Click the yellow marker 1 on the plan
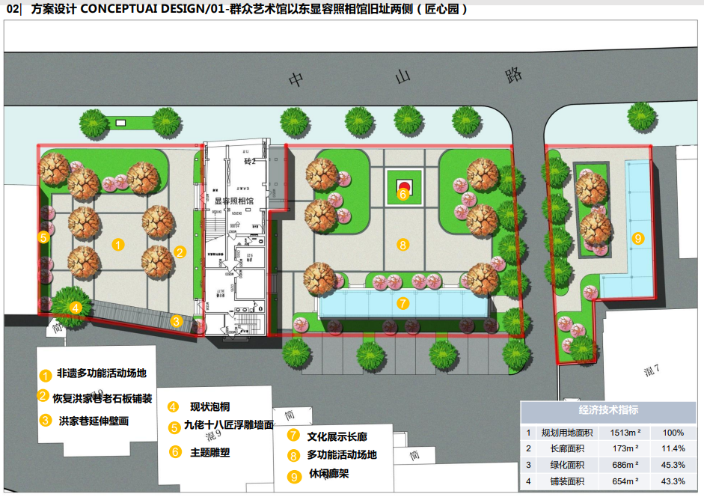[x=118, y=243]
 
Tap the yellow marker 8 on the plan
[x=402, y=244]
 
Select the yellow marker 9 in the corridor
[x=638, y=239]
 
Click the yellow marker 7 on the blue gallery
[x=402, y=303]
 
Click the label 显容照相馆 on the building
[x=234, y=201]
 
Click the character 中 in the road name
[x=298, y=79]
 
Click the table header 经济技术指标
[x=608, y=409]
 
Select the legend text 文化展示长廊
[x=337, y=436]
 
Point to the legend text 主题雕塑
[x=210, y=452]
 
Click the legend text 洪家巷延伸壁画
[x=94, y=421]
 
